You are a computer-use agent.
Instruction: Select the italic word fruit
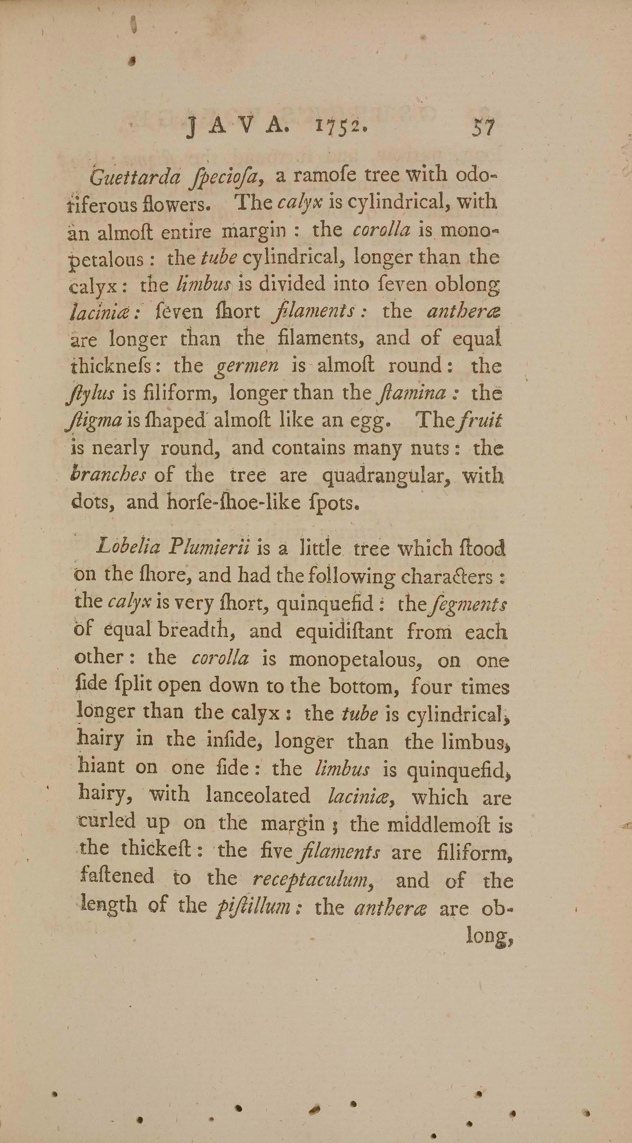click(481, 421)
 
